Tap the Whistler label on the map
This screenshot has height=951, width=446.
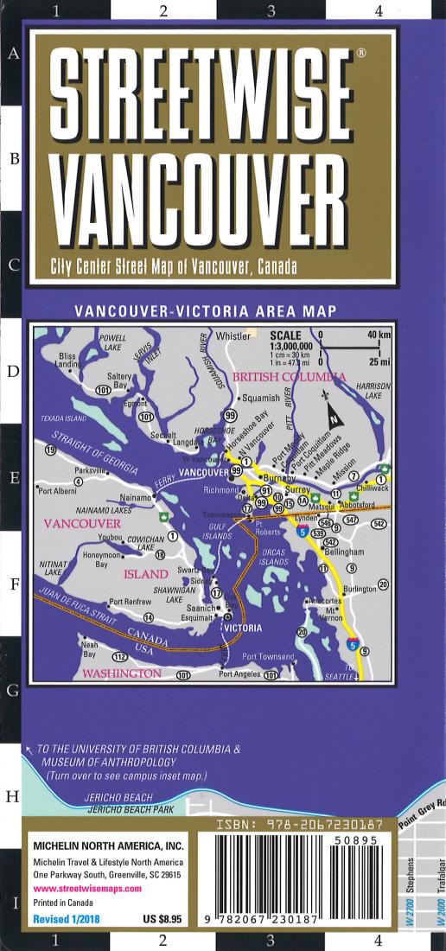pos(232,335)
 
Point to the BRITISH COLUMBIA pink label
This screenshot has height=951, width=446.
pos(290,377)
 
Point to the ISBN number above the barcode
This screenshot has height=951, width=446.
pos(298,827)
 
